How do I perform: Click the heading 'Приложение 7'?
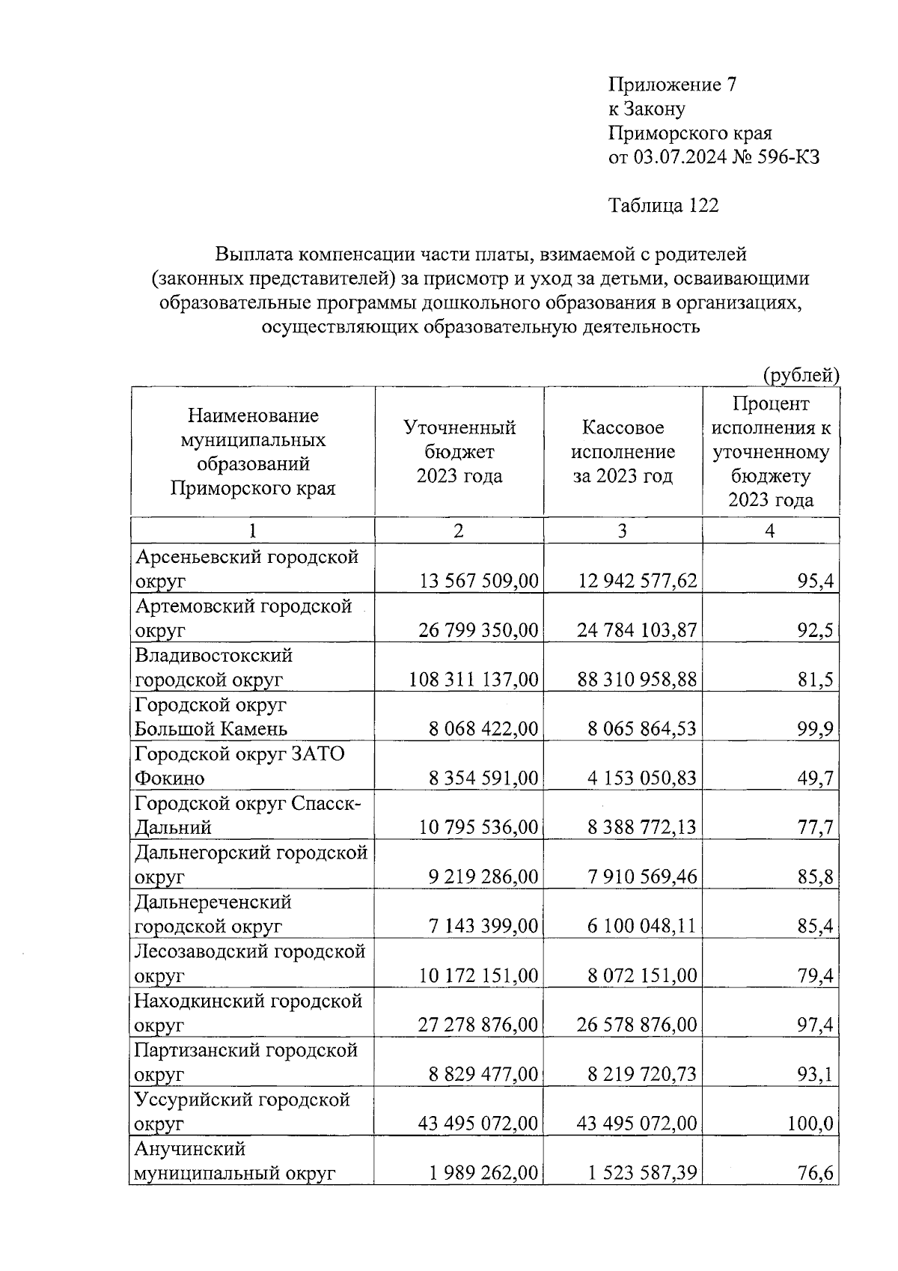[x=673, y=85]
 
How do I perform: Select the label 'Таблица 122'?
[x=663, y=205]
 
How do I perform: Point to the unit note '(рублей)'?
[x=801, y=374]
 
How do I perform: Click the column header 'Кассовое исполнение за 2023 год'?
[x=623, y=451]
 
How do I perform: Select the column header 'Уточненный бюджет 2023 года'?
[x=459, y=451]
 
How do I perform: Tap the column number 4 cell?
[x=769, y=531]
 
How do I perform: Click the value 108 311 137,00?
[x=474, y=680]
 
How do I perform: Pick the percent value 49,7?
[x=815, y=778]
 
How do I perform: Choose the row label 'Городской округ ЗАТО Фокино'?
[x=239, y=765]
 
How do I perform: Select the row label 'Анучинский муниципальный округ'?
[x=233, y=1160]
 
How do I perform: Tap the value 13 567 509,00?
[x=479, y=581]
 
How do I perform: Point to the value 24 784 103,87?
[x=637, y=630]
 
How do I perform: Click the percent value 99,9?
[x=815, y=729]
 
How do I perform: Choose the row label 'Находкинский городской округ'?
[x=247, y=1012]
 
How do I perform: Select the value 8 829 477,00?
[x=483, y=1074]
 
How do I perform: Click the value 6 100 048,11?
[x=641, y=926]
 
